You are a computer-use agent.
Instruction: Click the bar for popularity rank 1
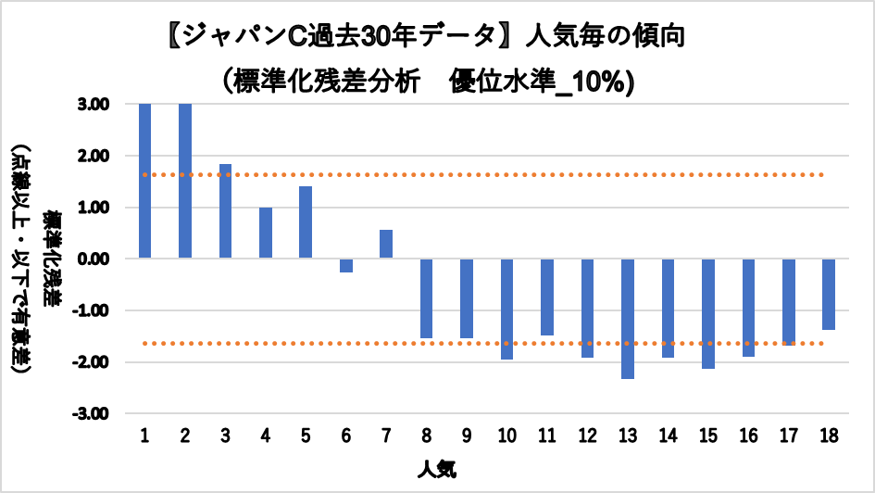(145, 181)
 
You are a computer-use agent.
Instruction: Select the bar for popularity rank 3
(225, 211)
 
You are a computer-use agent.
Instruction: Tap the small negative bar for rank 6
(346, 265)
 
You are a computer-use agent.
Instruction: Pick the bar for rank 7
(386, 244)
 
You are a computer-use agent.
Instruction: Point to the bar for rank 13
(628, 319)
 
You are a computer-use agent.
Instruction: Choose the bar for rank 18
(829, 294)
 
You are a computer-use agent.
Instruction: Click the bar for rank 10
(506, 309)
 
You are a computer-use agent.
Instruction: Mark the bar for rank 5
(306, 222)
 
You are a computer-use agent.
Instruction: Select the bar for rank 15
(708, 313)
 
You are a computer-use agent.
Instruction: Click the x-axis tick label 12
(587, 436)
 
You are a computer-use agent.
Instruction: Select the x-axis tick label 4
(266, 436)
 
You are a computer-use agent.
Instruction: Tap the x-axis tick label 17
(788, 436)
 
